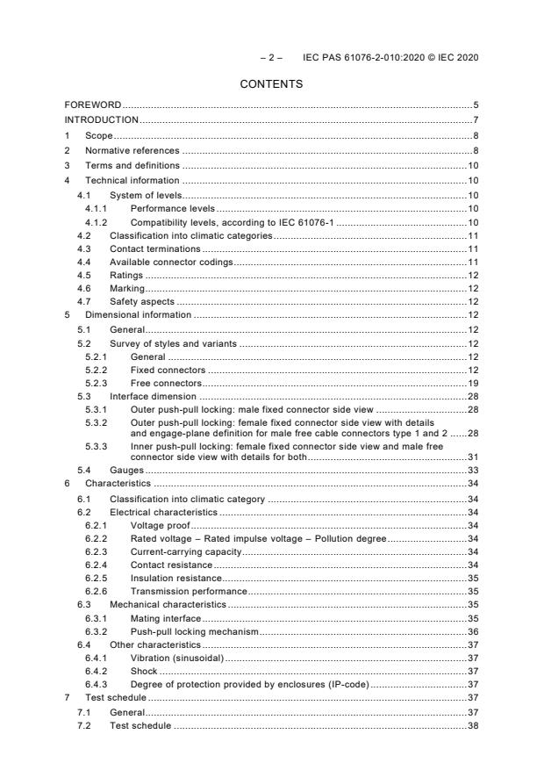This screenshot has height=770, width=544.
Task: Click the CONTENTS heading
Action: coord(272,84)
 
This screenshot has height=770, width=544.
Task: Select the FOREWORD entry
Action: coord(93,104)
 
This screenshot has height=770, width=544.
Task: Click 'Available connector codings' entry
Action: coord(170,262)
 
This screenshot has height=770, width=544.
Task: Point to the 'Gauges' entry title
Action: coord(126,470)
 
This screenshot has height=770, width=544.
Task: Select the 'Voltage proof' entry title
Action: coord(160,524)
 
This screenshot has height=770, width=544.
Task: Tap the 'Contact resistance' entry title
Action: coord(171,564)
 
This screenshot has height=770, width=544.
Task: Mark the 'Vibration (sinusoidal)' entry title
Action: coord(176,658)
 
